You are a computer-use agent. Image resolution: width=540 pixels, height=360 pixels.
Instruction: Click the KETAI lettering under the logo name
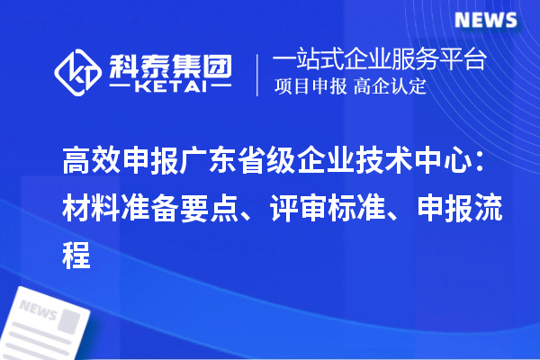[x=172, y=87]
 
